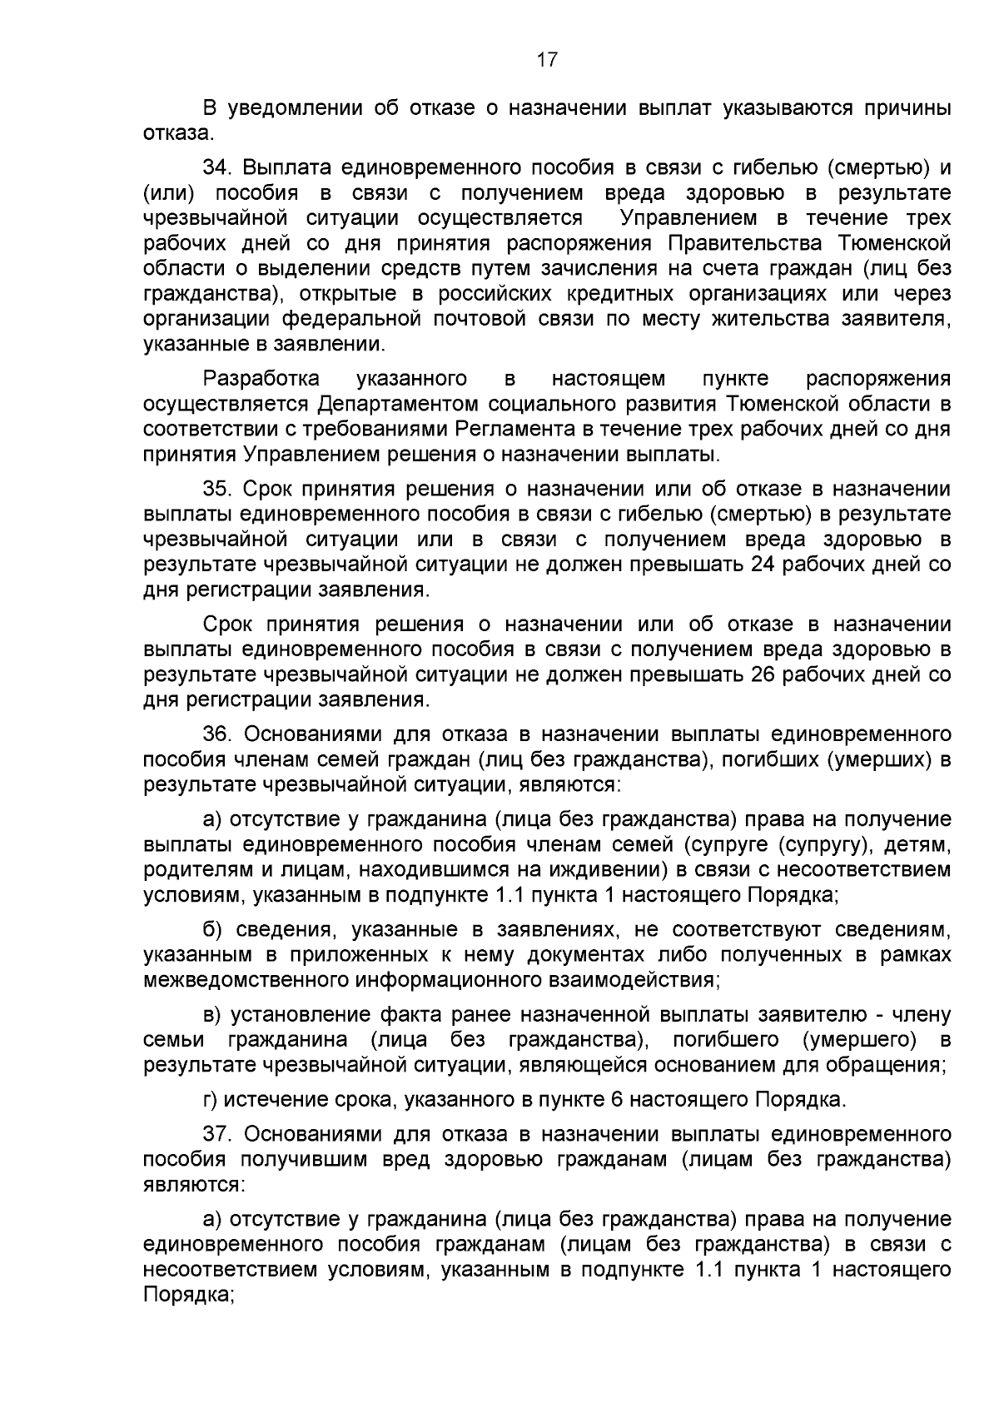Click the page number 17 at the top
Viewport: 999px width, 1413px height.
[546, 60]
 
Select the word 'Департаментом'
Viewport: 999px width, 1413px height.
[398, 405]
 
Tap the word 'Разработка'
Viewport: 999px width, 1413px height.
[261, 379]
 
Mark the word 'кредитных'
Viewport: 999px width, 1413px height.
[614, 293]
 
